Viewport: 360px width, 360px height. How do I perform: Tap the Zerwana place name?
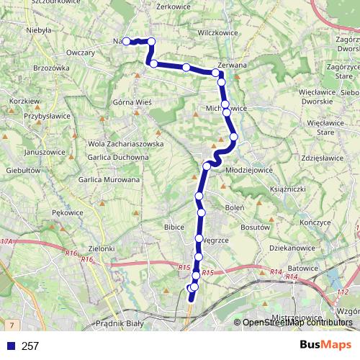[x=231, y=65]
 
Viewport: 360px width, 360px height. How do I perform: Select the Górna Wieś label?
[x=132, y=103]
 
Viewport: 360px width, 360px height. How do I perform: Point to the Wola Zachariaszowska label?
[x=126, y=144]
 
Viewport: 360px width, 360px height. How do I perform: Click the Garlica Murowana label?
[x=109, y=179]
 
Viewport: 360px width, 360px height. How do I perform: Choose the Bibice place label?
[x=174, y=227]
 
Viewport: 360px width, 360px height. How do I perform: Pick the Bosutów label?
[x=255, y=227]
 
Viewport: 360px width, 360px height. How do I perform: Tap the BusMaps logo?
[x=321, y=345]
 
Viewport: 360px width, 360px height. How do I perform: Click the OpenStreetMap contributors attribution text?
[x=297, y=323]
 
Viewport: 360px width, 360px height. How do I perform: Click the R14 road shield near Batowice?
[x=276, y=271]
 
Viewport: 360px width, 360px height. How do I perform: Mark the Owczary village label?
[x=81, y=53]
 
